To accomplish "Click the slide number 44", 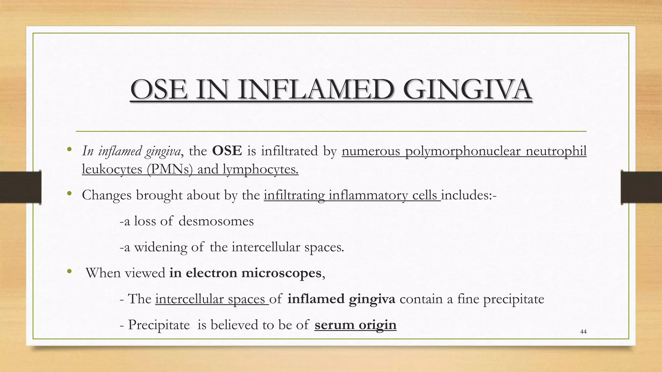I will (x=583, y=332).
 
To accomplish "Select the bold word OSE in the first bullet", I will (x=227, y=151).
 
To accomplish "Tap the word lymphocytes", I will (x=260, y=169).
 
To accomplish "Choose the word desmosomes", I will (x=216, y=221).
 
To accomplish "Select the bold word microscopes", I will (x=281, y=273).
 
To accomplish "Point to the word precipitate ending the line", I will (x=514, y=299).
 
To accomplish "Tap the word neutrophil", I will (x=556, y=151).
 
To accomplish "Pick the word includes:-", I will (x=469, y=195).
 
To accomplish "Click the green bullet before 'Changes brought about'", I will (x=69, y=194).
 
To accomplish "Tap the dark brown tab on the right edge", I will (x=641, y=187).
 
